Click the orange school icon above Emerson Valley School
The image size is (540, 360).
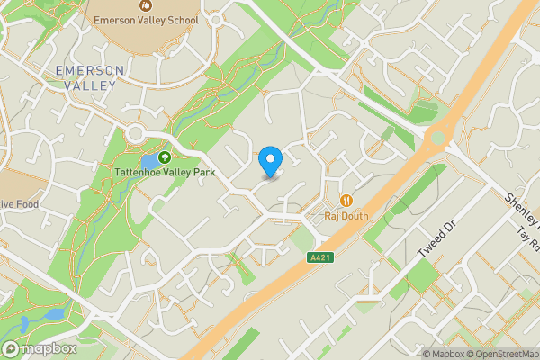(x=145, y=5)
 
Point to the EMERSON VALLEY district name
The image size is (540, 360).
(x=86, y=77)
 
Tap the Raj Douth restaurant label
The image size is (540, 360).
(x=346, y=215)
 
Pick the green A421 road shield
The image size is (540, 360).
(x=317, y=257)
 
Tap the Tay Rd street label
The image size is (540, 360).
(x=527, y=236)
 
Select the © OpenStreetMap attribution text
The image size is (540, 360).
(x=494, y=353)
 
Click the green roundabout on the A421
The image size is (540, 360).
(x=438, y=138)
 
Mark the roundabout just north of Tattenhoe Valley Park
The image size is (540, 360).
(x=137, y=133)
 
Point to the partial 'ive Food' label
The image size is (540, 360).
(x=19, y=204)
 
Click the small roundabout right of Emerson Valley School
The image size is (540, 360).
(x=215, y=19)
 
